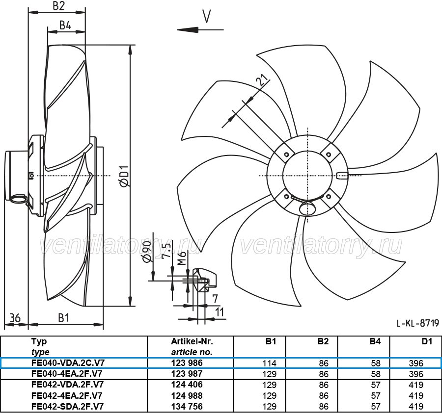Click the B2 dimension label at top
[58, 5]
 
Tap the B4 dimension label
[65, 26]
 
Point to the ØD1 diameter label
[124, 176]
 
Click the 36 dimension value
[15, 318]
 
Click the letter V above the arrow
[207, 16]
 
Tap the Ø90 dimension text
[147, 251]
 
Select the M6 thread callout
[182, 258]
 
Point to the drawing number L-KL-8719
[418, 323]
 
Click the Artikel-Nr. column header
[192, 341]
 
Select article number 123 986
[187, 363]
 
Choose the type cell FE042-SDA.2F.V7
[68, 406]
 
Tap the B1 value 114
[269, 363]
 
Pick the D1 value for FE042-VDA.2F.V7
[416, 385]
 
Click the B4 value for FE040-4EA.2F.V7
[376, 374]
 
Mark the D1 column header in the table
[427, 341]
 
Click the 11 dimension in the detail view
[220, 312]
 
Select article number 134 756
[187, 406]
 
